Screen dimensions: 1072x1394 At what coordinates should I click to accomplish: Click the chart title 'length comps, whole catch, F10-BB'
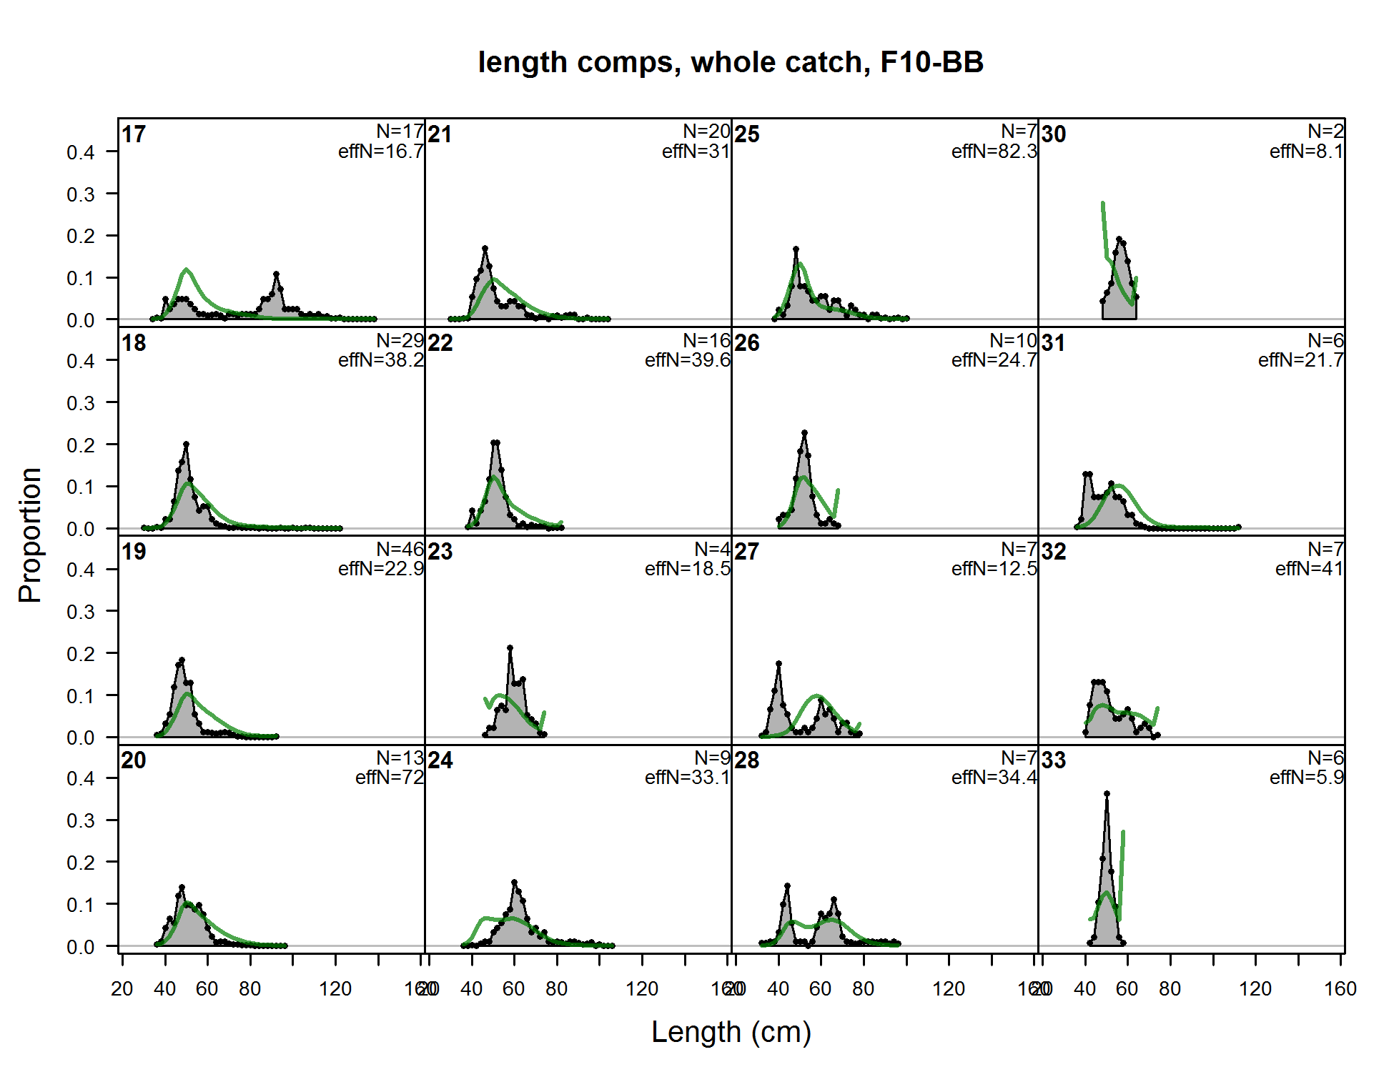pyautogui.click(x=731, y=62)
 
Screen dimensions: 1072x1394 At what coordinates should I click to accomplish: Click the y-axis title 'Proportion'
pyautogui.click(x=30, y=535)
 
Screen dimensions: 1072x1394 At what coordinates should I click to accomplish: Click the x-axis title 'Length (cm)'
pyautogui.click(x=731, y=1032)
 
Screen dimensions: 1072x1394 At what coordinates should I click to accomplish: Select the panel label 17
pyautogui.click(x=134, y=134)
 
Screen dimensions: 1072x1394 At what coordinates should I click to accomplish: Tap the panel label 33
pyautogui.click(x=1054, y=760)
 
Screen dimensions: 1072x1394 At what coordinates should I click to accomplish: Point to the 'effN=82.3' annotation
pyautogui.click(x=994, y=152)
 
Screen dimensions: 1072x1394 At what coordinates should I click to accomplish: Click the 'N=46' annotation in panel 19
pyautogui.click(x=400, y=549)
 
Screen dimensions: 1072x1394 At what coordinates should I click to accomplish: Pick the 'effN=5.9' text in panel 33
pyautogui.click(x=1306, y=778)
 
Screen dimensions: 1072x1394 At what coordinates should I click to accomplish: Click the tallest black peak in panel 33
pyautogui.click(x=1107, y=793)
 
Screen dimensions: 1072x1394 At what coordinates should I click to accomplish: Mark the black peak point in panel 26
pyautogui.click(x=805, y=432)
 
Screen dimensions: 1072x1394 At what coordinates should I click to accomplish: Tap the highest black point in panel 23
pyautogui.click(x=510, y=647)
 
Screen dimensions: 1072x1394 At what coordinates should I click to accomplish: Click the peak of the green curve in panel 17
pyautogui.click(x=187, y=269)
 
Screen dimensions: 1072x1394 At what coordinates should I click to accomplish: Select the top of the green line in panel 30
pyautogui.click(x=1103, y=203)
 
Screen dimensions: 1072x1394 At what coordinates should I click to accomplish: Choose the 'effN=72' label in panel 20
pyautogui.click(x=390, y=778)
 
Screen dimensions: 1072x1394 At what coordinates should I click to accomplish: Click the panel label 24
pyautogui.click(x=440, y=760)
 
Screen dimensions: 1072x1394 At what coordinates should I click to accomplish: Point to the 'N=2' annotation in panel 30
pyautogui.click(x=1325, y=131)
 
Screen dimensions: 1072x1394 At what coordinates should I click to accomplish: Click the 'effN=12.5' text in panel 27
pyautogui.click(x=994, y=569)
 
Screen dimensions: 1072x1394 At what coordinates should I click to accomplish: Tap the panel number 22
pyautogui.click(x=440, y=343)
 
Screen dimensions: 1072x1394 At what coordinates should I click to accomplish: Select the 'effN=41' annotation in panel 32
pyautogui.click(x=1309, y=569)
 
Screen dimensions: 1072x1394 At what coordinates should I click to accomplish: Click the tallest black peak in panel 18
pyautogui.click(x=187, y=444)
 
